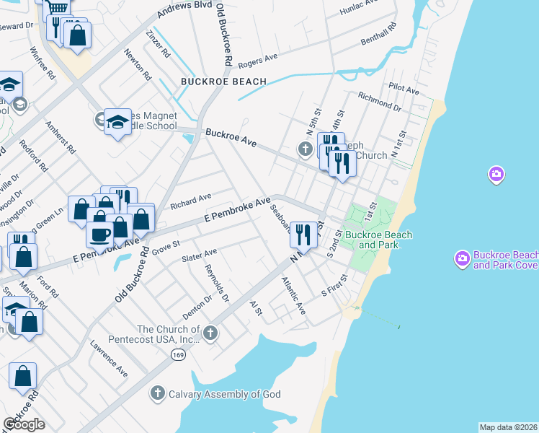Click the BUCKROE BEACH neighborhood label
click(x=224, y=82)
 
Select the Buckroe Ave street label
click(x=231, y=138)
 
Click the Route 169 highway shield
click(x=177, y=354)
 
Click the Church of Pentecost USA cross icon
click(x=210, y=333)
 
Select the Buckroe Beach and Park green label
click(x=378, y=240)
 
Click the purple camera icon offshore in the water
click(x=496, y=174)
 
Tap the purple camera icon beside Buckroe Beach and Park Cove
click(x=463, y=258)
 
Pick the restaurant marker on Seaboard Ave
click(x=303, y=235)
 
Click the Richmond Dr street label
click(x=378, y=101)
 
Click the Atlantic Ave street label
click(x=294, y=295)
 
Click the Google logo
click(x=24, y=424)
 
